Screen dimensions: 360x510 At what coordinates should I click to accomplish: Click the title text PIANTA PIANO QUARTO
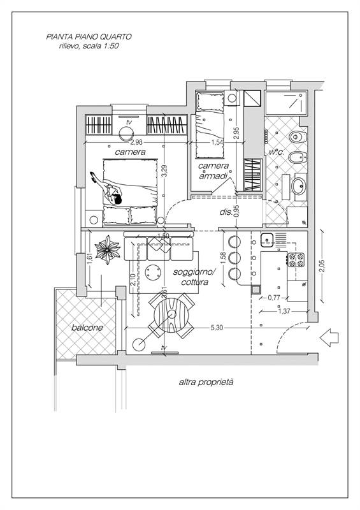coord(89,37)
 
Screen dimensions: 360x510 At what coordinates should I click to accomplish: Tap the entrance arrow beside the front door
coord(329,337)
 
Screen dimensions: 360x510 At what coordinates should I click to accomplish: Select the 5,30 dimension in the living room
coord(217,328)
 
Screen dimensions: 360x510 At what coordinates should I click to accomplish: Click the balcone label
coord(87,328)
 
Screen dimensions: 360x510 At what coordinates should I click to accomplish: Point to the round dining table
coord(171,315)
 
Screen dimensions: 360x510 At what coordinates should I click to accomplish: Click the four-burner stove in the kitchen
coord(296,259)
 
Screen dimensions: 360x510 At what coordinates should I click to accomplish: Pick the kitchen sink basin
coord(267,240)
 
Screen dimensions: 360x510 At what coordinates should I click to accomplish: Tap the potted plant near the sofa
coord(107,250)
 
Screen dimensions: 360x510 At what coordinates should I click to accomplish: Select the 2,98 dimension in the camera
coord(136,142)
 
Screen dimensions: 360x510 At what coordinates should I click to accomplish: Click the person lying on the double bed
coord(106,189)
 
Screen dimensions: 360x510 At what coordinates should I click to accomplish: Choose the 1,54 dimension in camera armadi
coord(217,142)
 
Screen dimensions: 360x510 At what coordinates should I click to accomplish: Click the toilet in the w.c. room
coord(298,136)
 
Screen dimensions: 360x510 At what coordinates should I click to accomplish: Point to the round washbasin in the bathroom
coord(299,186)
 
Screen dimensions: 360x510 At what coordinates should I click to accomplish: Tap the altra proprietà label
coord(206,382)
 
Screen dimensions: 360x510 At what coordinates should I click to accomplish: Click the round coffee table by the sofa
coord(153,272)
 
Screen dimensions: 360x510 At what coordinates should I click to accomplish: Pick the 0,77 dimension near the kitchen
coord(274,297)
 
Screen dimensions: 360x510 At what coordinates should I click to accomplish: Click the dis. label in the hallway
coord(226,212)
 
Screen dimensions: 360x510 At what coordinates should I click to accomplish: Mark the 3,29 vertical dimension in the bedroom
coord(165,170)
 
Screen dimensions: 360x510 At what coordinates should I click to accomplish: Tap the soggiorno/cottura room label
coord(194,277)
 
